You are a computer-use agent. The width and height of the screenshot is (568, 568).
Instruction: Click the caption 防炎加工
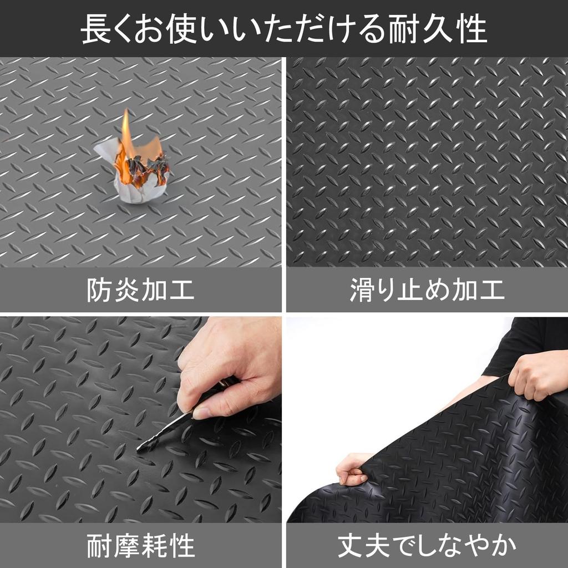coord(140,290)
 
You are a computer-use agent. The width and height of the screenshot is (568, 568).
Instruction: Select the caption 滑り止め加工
coord(427,290)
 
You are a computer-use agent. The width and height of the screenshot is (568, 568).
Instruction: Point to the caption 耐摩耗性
coord(140,546)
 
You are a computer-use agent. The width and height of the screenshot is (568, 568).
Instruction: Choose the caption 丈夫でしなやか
coord(427,546)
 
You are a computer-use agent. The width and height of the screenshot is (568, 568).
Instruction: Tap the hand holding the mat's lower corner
coord(352,469)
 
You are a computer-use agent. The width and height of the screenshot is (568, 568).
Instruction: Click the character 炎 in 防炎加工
coord(126,290)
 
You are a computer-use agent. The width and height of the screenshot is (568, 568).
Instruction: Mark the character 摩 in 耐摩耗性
coord(126,546)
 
